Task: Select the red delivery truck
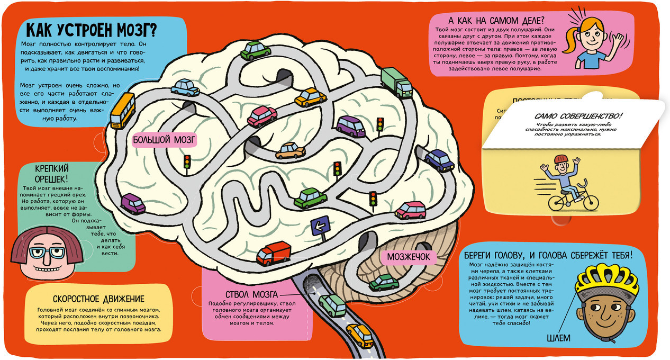[x=274, y=253]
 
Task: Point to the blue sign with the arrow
[x=319, y=226]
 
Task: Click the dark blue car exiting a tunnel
[x=440, y=159]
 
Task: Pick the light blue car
[x=185, y=87]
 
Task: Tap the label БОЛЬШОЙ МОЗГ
[x=164, y=140]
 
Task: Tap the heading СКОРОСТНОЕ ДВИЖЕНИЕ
[x=98, y=299]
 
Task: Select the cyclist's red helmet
[x=561, y=159]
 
